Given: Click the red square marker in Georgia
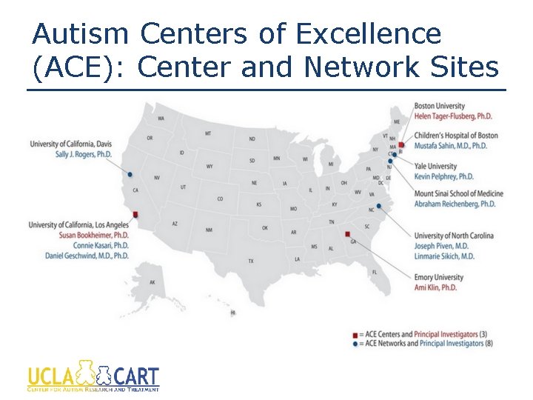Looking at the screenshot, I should [347, 236].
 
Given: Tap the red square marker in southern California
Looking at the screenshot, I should [135, 215].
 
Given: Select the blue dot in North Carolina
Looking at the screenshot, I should [379, 206].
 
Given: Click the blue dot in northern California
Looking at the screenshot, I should [130, 175].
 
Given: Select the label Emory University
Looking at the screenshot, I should [439, 278].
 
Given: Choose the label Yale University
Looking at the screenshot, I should [435, 167].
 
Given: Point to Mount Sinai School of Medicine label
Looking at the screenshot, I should [458, 193].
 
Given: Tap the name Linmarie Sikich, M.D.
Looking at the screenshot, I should [445, 256].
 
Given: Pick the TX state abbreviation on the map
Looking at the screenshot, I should [251, 261].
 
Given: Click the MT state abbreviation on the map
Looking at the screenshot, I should [208, 133].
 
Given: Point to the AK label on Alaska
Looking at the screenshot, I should [152, 282].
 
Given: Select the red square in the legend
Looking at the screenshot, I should [355, 334].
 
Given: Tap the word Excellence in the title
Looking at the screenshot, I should [367, 33].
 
